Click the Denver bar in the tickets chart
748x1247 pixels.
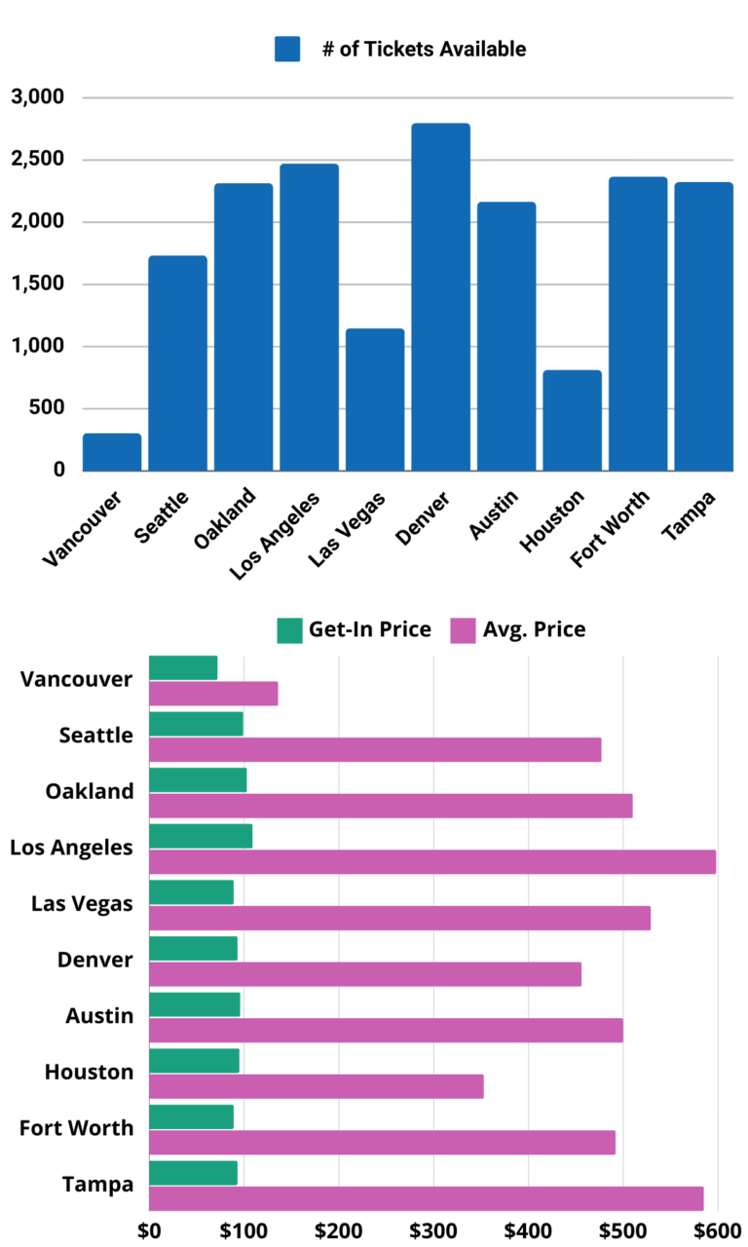(440, 297)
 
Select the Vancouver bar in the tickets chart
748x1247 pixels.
(112, 452)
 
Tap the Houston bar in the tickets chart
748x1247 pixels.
(572, 421)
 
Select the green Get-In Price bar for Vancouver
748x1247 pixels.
(183, 667)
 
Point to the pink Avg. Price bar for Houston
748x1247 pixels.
(316, 1086)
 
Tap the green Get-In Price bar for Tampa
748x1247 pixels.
(193, 1173)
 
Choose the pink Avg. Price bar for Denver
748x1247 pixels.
(364, 974)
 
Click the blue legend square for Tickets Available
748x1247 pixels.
(287, 49)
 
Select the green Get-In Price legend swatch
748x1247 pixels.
(289, 630)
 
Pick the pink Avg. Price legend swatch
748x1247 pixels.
(462, 630)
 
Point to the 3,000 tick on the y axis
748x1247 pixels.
(38, 97)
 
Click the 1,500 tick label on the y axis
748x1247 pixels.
(38, 284)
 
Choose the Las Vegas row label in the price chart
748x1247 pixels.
(83, 904)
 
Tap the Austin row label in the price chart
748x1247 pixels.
(99, 1016)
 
